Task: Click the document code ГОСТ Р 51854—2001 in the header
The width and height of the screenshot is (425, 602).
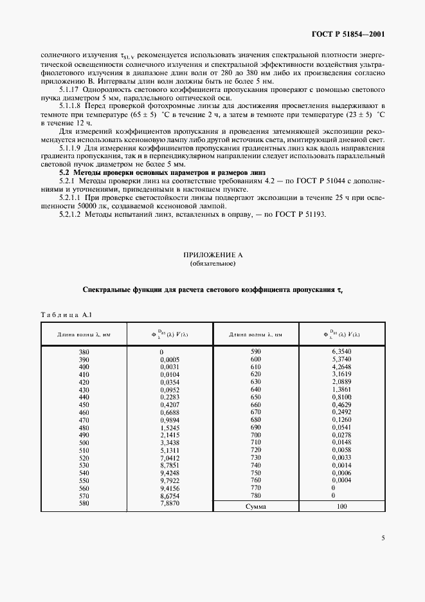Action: point(348,34)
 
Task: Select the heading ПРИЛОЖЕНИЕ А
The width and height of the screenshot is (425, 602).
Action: point(212,255)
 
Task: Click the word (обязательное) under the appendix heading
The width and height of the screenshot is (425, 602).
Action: point(212,264)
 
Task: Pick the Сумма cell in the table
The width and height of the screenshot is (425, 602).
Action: point(257,507)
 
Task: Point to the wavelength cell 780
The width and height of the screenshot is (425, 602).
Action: point(257,495)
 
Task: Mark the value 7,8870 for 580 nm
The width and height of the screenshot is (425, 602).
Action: point(170,503)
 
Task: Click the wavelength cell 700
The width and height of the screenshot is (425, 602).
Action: point(257,435)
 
